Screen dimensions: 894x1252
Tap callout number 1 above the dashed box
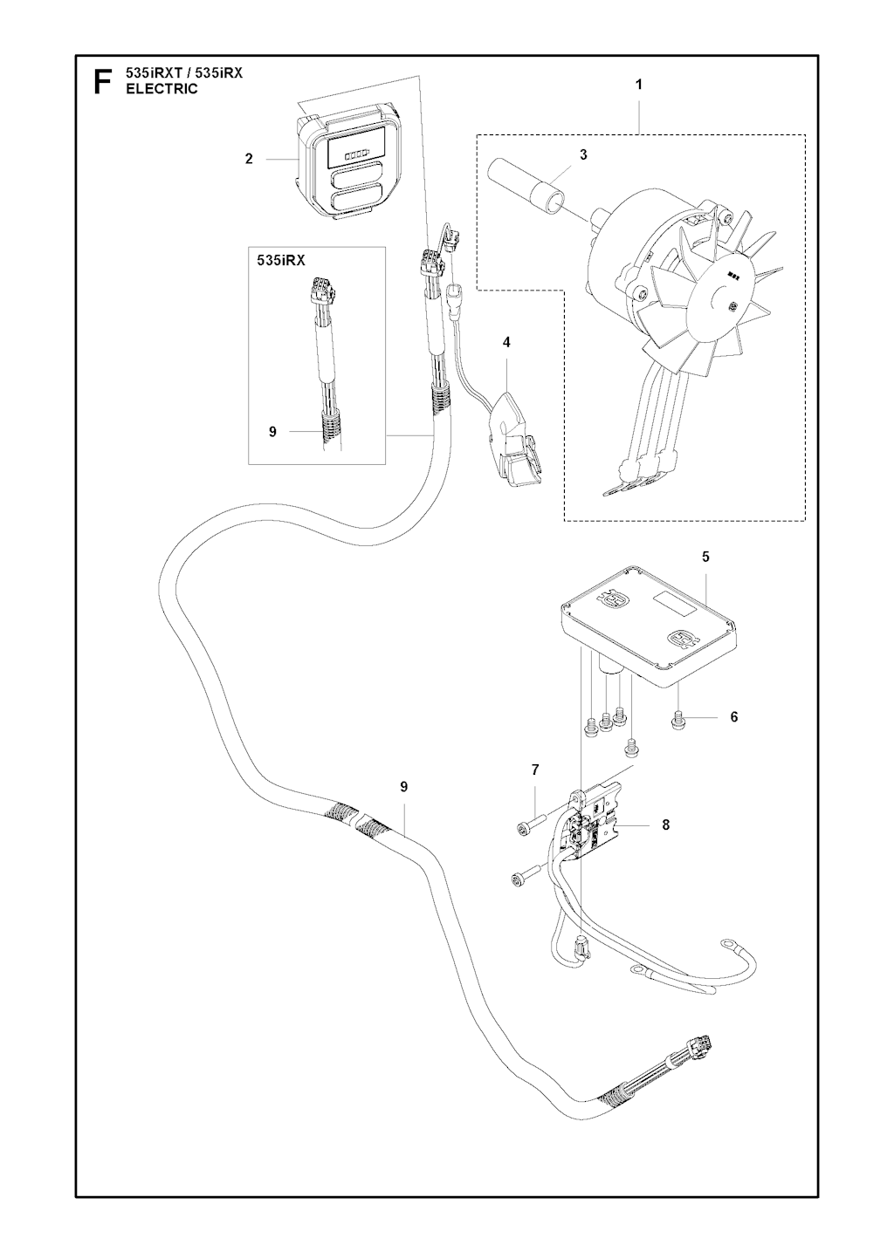(638, 85)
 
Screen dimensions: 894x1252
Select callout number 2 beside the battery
(249, 159)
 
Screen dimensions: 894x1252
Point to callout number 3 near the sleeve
(583, 154)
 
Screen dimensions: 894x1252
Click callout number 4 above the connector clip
(506, 342)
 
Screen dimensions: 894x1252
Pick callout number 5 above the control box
(705, 557)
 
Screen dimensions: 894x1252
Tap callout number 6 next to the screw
(734, 716)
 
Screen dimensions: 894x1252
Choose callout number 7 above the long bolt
(535, 770)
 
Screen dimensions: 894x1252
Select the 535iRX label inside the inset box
(281, 260)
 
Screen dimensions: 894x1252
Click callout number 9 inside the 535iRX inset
(272, 432)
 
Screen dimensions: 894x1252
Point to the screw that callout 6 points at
(677, 725)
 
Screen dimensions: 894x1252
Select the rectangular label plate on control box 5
(675, 605)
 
